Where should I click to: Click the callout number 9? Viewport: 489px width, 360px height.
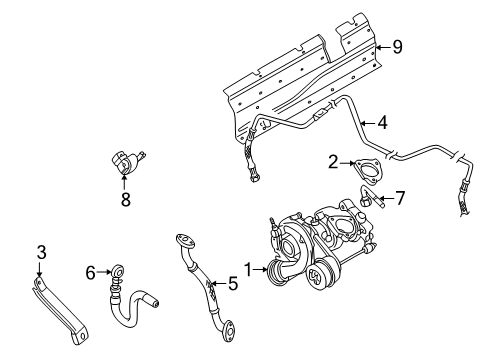point(397,47)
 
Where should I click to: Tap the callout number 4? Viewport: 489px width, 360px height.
point(383,123)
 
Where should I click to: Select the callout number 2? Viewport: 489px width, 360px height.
point(333,162)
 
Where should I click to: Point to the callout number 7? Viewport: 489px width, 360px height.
point(399,198)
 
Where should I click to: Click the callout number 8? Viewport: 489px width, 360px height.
point(126,200)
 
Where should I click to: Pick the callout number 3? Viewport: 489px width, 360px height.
point(41,252)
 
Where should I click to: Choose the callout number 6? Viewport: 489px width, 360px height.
point(91,273)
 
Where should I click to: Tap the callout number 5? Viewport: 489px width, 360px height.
point(233,284)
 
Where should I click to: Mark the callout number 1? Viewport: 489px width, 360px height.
point(248,269)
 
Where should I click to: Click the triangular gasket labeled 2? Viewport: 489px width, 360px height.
point(368,172)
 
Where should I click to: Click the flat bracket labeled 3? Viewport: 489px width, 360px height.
point(60,308)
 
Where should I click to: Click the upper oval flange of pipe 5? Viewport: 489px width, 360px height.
point(184,241)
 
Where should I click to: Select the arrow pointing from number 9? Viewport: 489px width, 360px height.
point(383,47)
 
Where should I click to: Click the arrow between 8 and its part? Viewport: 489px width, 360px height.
point(124,182)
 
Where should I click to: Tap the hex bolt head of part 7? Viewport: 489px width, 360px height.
point(364,202)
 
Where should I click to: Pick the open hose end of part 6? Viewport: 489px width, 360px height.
point(155,303)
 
